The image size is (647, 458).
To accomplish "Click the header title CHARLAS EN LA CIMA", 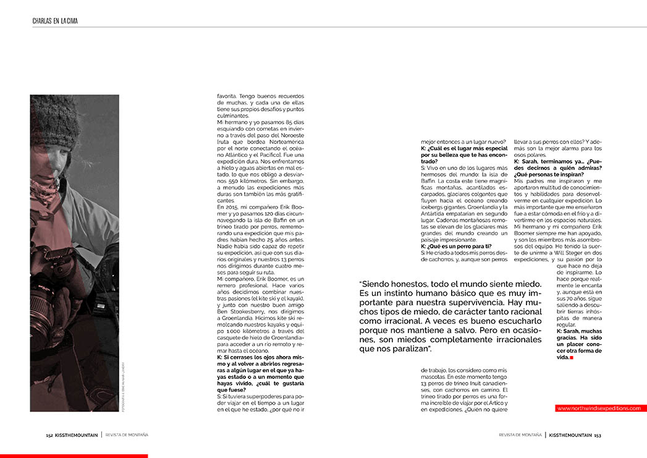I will (55, 21).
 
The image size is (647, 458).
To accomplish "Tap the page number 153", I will (598, 435).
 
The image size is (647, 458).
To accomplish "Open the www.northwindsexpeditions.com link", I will (598, 408).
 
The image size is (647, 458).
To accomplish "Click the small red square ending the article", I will (572, 358).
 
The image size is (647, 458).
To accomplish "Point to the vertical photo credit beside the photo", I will (124, 386).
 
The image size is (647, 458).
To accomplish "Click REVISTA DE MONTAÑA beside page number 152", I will (126, 435).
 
